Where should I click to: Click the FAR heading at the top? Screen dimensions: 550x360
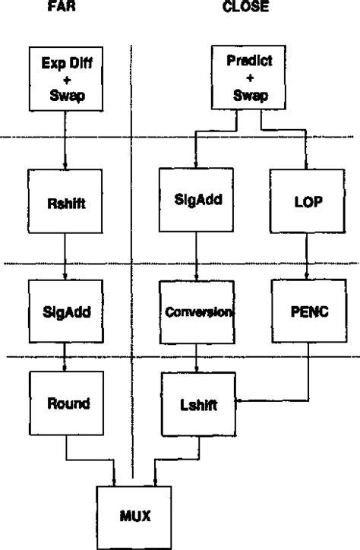(x=64, y=8)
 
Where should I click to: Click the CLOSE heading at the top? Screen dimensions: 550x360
(x=241, y=8)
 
